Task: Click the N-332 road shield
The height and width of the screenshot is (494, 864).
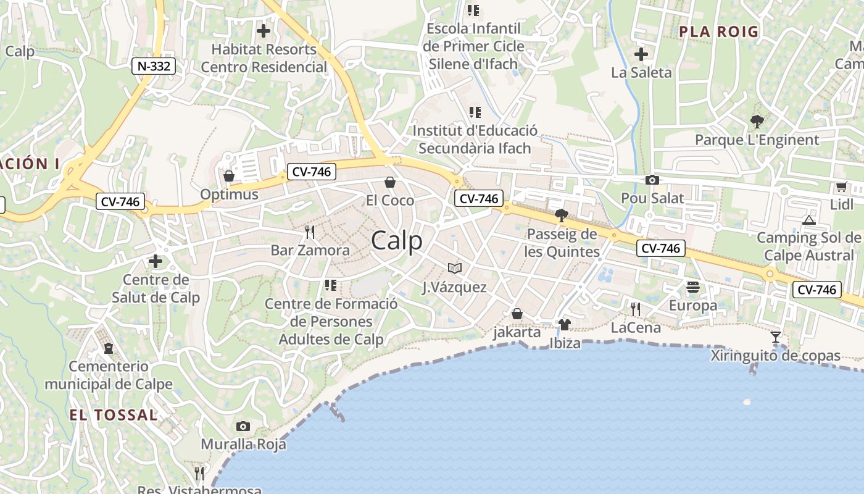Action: tap(153, 66)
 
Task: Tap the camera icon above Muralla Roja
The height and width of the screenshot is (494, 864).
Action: tap(243, 426)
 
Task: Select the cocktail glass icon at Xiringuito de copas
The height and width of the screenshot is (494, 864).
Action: tap(776, 337)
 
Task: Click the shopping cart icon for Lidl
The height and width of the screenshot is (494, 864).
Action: tap(841, 186)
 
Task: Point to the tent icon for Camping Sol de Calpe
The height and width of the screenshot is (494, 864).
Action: tap(808, 219)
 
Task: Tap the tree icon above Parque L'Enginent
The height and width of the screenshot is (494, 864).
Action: tap(757, 121)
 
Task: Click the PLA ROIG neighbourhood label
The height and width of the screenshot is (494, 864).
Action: tap(718, 32)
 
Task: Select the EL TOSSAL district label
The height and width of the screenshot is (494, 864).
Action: tap(114, 414)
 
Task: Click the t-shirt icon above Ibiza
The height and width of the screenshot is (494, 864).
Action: tap(564, 324)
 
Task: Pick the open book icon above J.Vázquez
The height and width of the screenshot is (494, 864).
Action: tap(455, 268)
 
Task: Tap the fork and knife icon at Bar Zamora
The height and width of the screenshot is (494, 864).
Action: tap(310, 232)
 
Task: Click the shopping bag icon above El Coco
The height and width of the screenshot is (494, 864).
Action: tap(390, 182)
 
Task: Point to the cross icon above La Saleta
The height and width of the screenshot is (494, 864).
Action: tap(641, 54)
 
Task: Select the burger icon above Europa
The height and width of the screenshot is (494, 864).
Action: tap(693, 287)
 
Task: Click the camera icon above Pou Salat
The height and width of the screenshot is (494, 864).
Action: tap(652, 180)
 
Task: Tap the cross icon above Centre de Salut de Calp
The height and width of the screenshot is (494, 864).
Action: tap(156, 261)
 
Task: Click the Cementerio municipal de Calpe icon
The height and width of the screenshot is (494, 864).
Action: tap(109, 348)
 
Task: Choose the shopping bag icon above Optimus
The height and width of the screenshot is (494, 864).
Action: tap(229, 176)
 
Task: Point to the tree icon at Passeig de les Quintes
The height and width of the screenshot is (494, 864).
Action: tap(562, 215)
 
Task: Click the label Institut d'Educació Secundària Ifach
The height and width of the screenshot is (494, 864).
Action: tap(475, 140)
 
